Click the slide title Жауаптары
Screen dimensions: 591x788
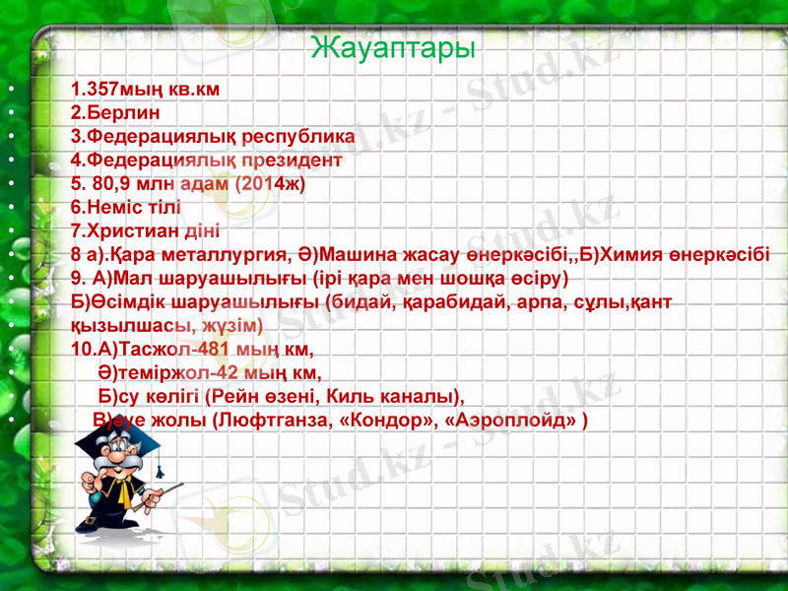pyautogui.click(x=393, y=46)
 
